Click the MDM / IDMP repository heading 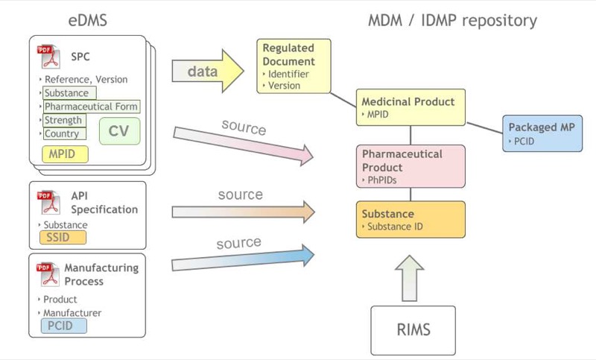452,20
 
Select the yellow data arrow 208,72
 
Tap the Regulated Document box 294,66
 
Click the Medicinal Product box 412,107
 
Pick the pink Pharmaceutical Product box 412,165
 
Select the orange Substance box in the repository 410,219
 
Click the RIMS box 412,329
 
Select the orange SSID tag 62,237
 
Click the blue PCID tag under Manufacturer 63,326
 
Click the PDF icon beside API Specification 48,201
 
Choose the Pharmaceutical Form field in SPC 91,107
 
